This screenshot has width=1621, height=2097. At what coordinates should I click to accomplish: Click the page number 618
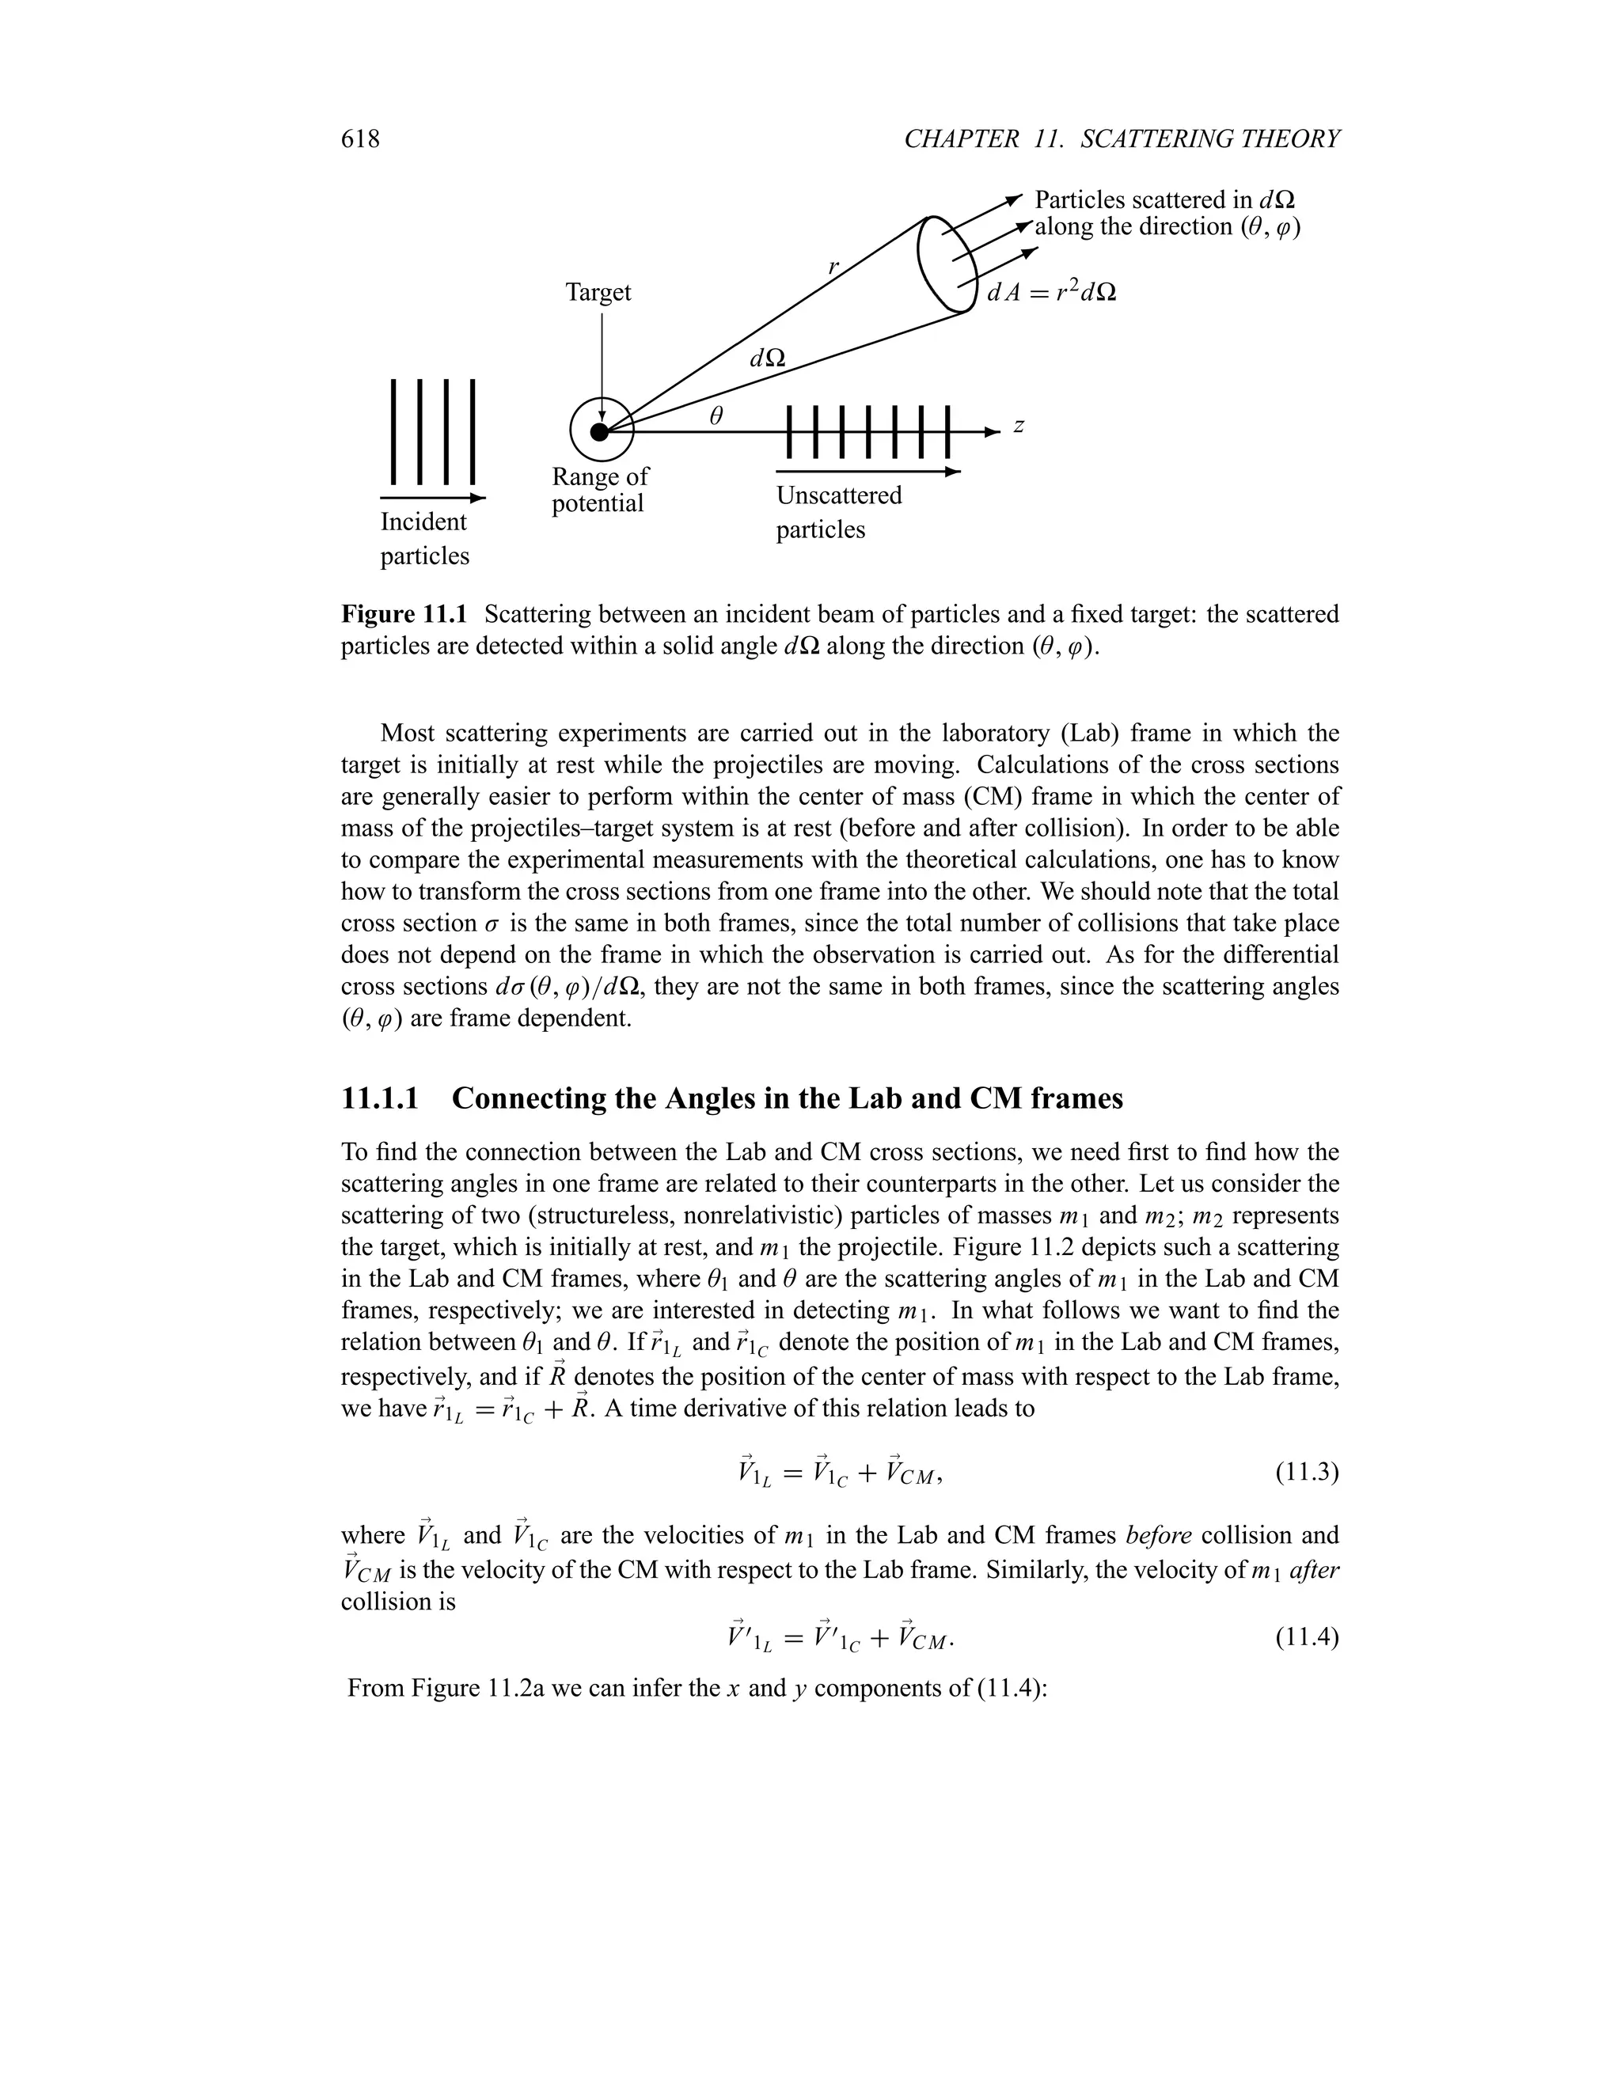coord(360,139)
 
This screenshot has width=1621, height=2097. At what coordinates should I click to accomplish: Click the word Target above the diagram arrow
coord(598,292)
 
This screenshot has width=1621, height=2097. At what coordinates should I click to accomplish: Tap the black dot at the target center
coord(600,432)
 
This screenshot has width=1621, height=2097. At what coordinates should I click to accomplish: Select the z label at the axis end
coord(1019,427)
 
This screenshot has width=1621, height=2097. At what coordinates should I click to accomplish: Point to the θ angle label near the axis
coord(716,415)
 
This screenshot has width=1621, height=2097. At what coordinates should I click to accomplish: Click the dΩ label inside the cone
coord(766,358)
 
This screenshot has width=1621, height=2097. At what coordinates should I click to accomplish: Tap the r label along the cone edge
coord(833,266)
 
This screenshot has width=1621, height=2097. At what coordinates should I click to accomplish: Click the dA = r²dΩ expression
coord(1052,292)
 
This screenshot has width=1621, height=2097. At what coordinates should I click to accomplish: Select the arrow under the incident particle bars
coord(433,499)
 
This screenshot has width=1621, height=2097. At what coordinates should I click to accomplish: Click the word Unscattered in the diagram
coord(838,496)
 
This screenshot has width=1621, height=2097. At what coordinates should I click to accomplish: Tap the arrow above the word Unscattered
coord(867,472)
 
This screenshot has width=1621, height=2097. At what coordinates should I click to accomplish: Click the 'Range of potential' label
coord(599,490)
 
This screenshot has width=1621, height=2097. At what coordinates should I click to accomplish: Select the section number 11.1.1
coord(380,1098)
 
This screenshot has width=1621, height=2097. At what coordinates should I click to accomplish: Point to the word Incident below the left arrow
coord(423,522)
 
